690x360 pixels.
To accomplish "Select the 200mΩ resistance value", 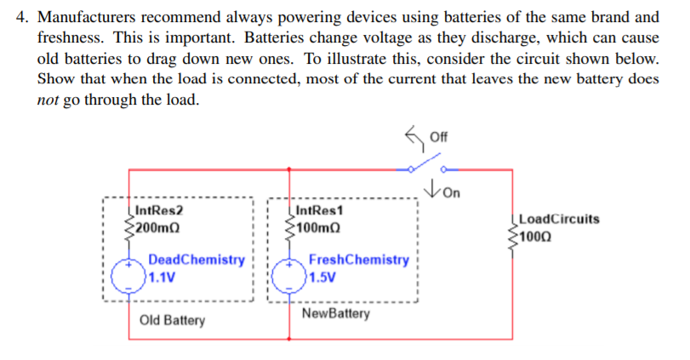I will [157, 227].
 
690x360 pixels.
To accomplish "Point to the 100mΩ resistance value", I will [318, 227].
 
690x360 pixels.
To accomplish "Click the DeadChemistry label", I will [196, 260].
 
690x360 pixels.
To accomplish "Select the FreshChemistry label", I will [357, 260].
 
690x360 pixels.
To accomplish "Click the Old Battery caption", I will [172, 321].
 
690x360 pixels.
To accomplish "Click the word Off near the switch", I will [439, 136].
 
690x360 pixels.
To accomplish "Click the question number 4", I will [23, 17].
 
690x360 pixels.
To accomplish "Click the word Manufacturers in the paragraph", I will [88, 17].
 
